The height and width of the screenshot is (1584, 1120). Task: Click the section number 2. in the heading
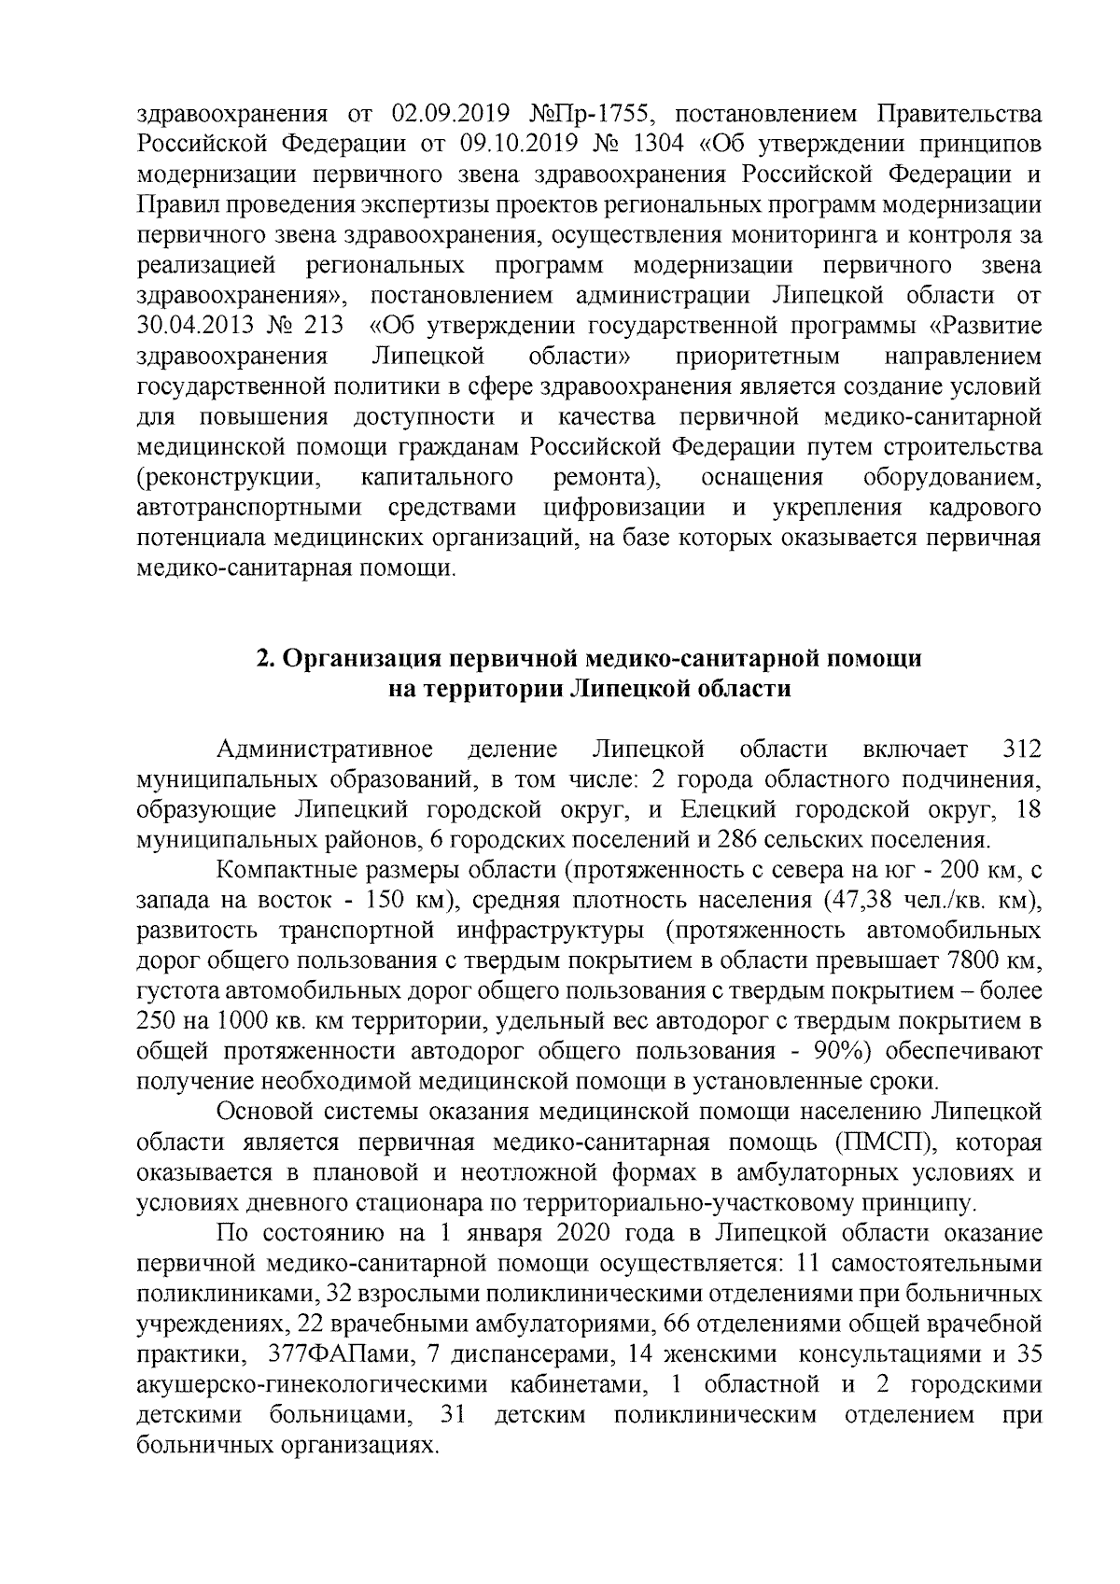265,659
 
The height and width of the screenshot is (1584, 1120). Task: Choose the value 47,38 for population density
857,901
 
